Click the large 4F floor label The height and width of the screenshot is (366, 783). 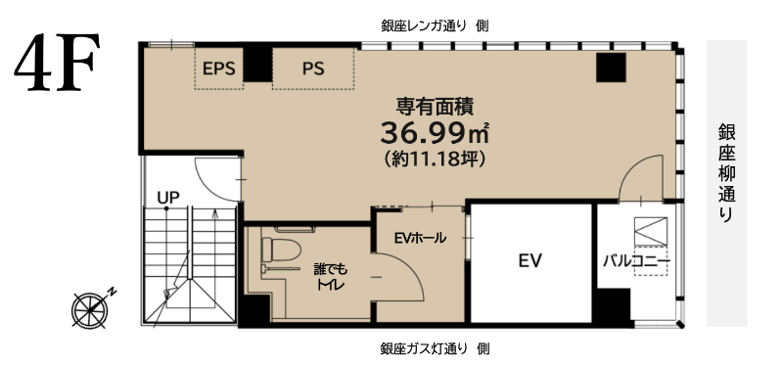57,62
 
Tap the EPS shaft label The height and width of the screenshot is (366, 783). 218,69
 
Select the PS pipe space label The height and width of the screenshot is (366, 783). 313,69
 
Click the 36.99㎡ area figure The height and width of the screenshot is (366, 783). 435,132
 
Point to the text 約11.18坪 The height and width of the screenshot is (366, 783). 435,159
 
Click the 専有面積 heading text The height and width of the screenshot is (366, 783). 435,106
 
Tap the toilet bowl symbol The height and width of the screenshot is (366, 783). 281,250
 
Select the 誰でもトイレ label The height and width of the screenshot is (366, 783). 330,277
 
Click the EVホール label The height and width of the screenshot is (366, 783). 420,238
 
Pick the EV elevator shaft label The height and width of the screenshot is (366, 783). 530,260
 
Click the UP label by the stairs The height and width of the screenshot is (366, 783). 168,198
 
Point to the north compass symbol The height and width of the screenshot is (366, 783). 91,308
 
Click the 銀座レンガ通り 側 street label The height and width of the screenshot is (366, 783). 435,26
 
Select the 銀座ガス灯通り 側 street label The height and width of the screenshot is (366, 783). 435,348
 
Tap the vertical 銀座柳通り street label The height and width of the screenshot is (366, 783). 727,173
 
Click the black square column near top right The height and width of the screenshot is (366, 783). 611,68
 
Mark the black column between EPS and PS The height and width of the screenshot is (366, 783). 257,65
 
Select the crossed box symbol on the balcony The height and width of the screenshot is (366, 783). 651,231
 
